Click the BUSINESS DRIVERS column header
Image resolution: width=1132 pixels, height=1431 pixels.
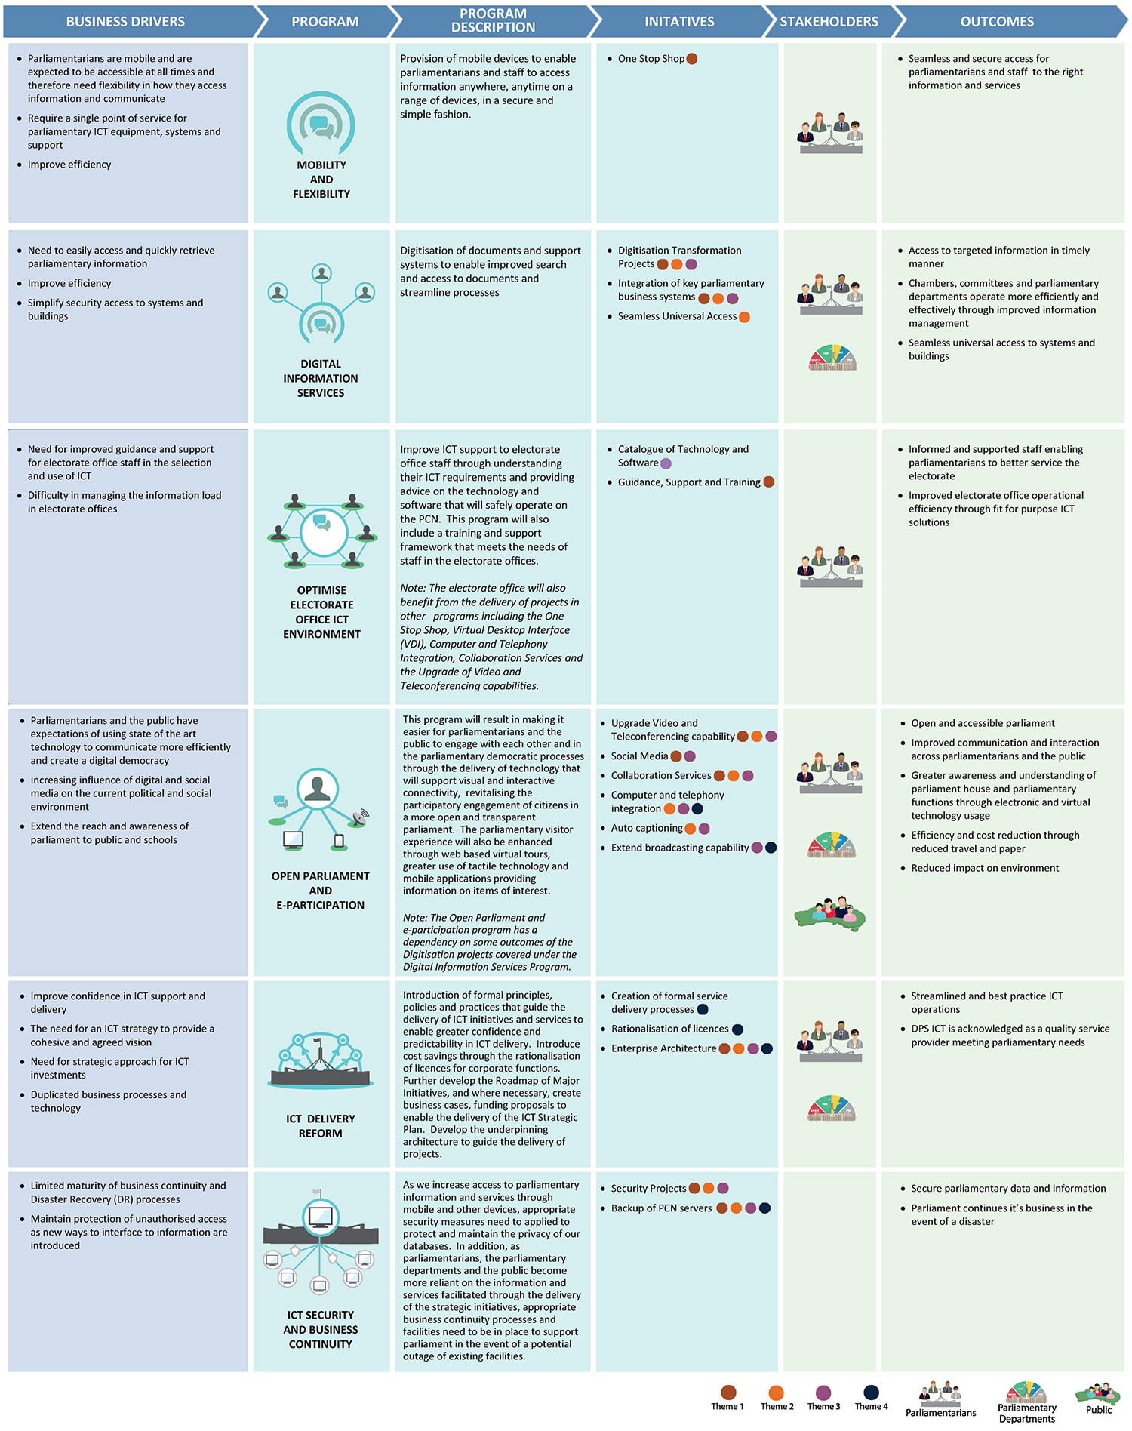pyautogui.click(x=125, y=21)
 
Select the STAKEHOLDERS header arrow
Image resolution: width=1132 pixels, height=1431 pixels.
pyautogui.click(x=829, y=21)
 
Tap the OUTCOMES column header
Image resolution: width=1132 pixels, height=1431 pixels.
pyautogui.click(x=996, y=21)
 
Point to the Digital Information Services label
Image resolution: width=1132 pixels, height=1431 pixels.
pyautogui.click(x=321, y=378)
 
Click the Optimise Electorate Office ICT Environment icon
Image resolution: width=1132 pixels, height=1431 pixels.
pyautogui.click(x=322, y=531)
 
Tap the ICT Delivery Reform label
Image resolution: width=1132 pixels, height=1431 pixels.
pyautogui.click(x=321, y=1125)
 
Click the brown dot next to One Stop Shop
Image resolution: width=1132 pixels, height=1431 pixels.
pyautogui.click(x=692, y=59)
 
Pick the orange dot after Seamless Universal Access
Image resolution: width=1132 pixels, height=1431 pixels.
pyautogui.click(x=744, y=317)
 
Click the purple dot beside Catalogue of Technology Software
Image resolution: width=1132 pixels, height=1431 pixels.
pyautogui.click(x=666, y=463)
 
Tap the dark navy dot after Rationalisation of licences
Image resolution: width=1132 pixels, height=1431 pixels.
pyautogui.click(x=737, y=1029)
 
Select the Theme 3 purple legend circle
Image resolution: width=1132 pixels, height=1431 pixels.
pyautogui.click(x=823, y=1393)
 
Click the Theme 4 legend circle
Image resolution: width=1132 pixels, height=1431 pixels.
pyautogui.click(x=871, y=1393)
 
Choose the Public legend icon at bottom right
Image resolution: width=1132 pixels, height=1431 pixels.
pyautogui.click(x=1098, y=1394)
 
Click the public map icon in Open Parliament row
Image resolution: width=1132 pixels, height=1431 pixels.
pyautogui.click(x=830, y=914)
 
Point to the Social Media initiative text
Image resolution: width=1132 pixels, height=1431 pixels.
pyautogui.click(x=639, y=756)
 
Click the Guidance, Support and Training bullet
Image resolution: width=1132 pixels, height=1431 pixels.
pyautogui.click(x=689, y=482)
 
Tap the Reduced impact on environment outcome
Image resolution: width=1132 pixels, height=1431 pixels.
pyautogui.click(x=984, y=868)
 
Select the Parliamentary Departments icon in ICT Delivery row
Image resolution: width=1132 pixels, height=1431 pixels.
pyautogui.click(x=832, y=1108)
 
